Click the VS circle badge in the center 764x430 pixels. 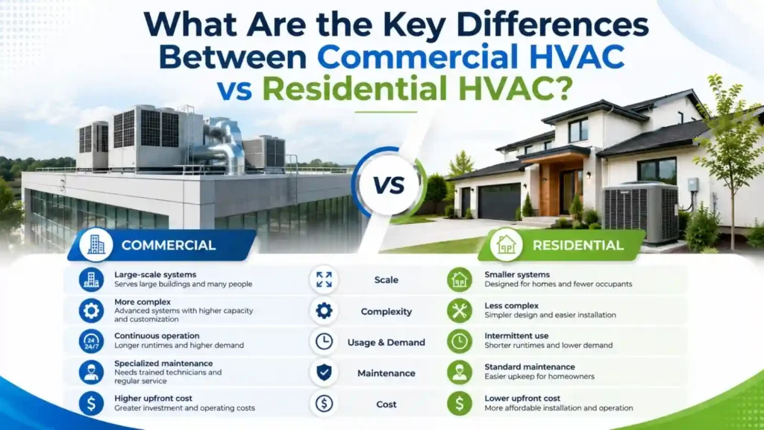pyautogui.click(x=389, y=185)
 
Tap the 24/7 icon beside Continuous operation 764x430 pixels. pyautogui.click(x=91, y=341)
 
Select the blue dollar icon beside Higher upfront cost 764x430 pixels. pyautogui.click(x=91, y=403)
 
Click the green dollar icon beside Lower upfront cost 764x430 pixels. pyautogui.click(x=460, y=403)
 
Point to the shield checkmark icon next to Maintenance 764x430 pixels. pyautogui.click(x=324, y=373)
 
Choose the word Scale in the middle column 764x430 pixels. pyautogui.click(x=386, y=280)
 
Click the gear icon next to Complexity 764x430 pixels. pyautogui.click(x=324, y=311)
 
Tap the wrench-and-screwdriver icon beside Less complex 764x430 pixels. pyautogui.click(x=460, y=311)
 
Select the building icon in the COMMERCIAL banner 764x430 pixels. pyautogui.click(x=95, y=245)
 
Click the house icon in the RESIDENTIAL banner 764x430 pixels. pyautogui.click(x=506, y=245)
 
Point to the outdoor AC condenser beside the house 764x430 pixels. pyautogui.click(x=641, y=212)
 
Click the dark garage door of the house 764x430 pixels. pyautogui.click(x=499, y=202)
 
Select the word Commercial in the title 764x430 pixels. pyautogui.click(x=418, y=57)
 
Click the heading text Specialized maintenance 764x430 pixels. pyautogui.click(x=163, y=364)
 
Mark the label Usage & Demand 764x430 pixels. pyautogui.click(x=386, y=342)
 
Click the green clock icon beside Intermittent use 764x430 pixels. pyautogui.click(x=460, y=341)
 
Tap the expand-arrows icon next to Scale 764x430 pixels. pyautogui.click(x=324, y=279)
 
